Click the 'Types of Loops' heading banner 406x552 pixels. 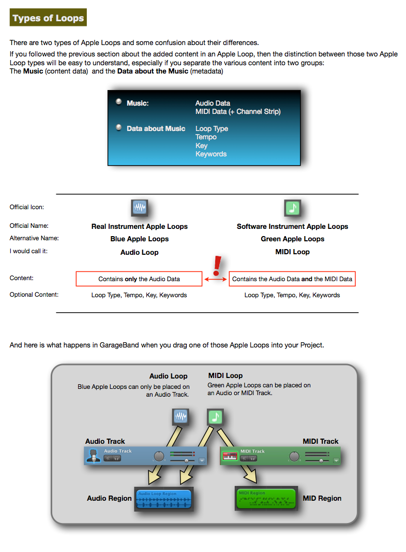48,18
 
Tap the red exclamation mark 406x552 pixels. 217,265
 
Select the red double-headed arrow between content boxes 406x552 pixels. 216,279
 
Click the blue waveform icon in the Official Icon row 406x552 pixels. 140,208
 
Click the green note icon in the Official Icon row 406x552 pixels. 293,208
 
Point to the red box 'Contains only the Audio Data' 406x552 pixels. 139,279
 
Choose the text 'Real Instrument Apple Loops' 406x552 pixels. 140,226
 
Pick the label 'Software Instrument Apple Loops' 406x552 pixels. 292,226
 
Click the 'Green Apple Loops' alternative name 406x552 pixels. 292,239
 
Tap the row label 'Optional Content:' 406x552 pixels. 34,295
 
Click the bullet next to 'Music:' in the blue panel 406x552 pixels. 118,103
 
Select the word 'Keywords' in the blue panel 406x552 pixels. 211,154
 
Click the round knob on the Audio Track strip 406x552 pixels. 159,456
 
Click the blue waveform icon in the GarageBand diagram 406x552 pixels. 181,417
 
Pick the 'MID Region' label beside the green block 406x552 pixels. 322,498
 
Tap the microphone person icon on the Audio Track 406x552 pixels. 94,456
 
